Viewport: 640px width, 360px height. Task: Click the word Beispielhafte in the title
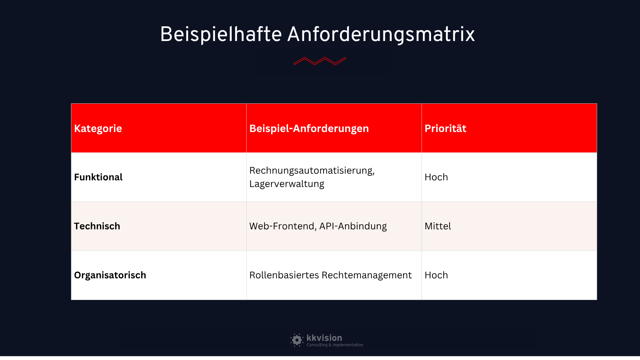pyautogui.click(x=221, y=34)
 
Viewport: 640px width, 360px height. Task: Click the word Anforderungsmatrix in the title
pyautogui.click(x=381, y=34)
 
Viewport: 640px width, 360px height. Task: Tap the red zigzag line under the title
pyautogui.click(x=320, y=61)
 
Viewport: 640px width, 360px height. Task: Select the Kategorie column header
pyautogui.click(x=98, y=128)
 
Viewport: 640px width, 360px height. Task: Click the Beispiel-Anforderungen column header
pyautogui.click(x=309, y=128)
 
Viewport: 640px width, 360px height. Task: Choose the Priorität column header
pyautogui.click(x=445, y=128)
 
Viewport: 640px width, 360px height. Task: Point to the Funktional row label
pyautogui.click(x=98, y=177)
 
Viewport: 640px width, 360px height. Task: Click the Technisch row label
pyautogui.click(x=97, y=226)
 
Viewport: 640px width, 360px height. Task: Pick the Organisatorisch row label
pyautogui.click(x=110, y=275)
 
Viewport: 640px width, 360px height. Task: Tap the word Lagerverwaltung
pyautogui.click(x=287, y=184)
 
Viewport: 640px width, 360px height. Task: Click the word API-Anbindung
pyautogui.click(x=353, y=226)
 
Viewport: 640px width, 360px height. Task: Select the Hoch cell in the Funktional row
pyautogui.click(x=436, y=177)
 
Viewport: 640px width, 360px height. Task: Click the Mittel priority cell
pyautogui.click(x=438, y=226)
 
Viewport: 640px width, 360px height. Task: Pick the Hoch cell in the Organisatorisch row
pyautogui.click(x=436, y=275)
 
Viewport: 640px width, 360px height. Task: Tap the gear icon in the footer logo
pyautogui.click(x=297, y=340)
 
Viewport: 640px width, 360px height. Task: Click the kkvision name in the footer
pyautogui.click(x=324, y=338)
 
